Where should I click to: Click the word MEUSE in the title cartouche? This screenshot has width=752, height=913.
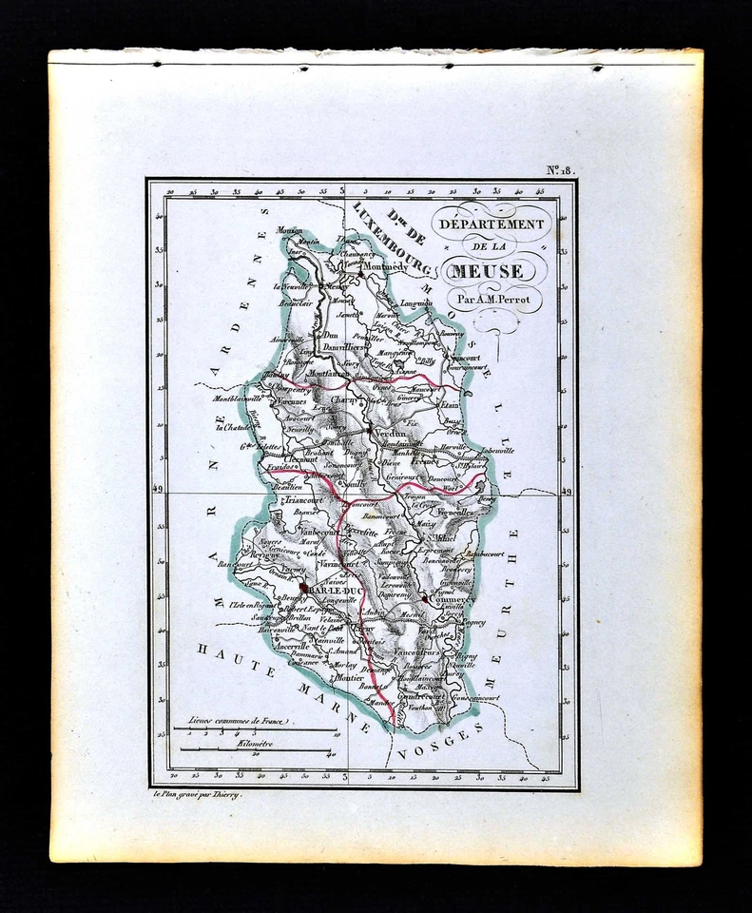tap(487, 272)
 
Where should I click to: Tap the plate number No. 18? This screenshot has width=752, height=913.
tap(558, 170)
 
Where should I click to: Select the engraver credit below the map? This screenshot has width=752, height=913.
tap(196, 794)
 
